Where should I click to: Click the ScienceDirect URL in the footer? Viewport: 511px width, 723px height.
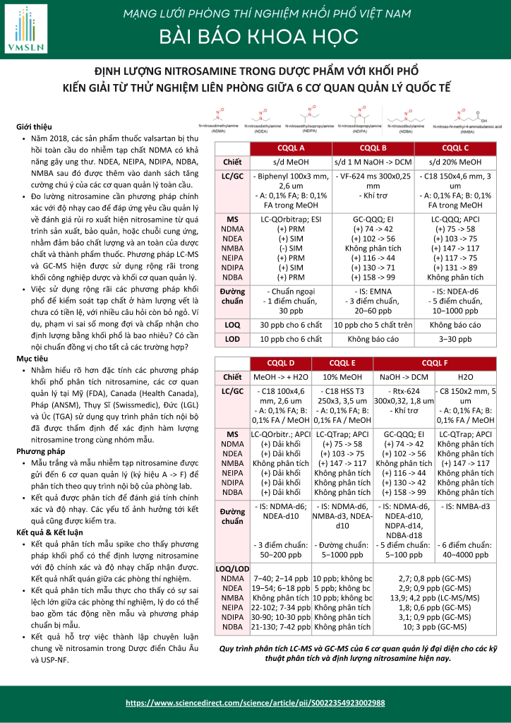point(255,703)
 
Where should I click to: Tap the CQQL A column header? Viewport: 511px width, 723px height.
point(291,148)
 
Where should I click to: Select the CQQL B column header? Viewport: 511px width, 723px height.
point(373,148)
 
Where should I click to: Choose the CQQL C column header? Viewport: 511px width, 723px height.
point(455,148)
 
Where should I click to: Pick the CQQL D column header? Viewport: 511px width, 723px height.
point(282,363)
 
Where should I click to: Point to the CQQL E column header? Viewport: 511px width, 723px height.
point(342,363)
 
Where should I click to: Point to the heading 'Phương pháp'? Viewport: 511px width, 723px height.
point(36,450)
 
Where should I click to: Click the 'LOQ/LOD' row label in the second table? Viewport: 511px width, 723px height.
point(232,568)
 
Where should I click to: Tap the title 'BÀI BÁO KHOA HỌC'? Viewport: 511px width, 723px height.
point(255,36)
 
